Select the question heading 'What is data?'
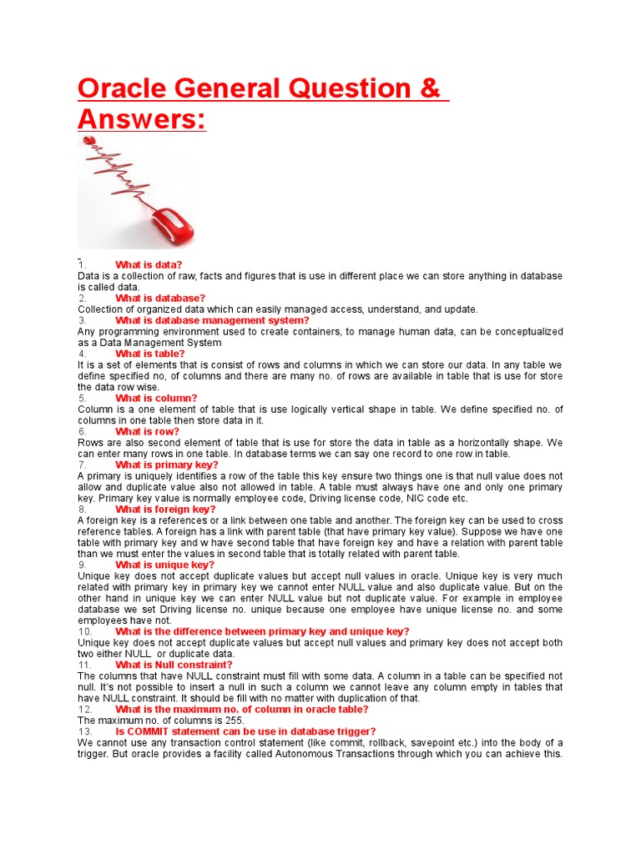pos(149,265)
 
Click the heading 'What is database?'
pos(160,298)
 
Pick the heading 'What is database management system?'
pos(212,320)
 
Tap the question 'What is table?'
pos(150,354)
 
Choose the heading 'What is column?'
pos(156,398)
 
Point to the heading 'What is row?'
pos(147,431)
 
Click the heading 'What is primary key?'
pos(167,465)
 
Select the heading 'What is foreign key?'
pos(165,509)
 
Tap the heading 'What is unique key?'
pos(164,565)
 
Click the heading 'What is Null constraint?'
pos(174,665)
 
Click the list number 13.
pos(84,731)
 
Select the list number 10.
pos(84,631)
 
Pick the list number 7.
pos(82,465)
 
